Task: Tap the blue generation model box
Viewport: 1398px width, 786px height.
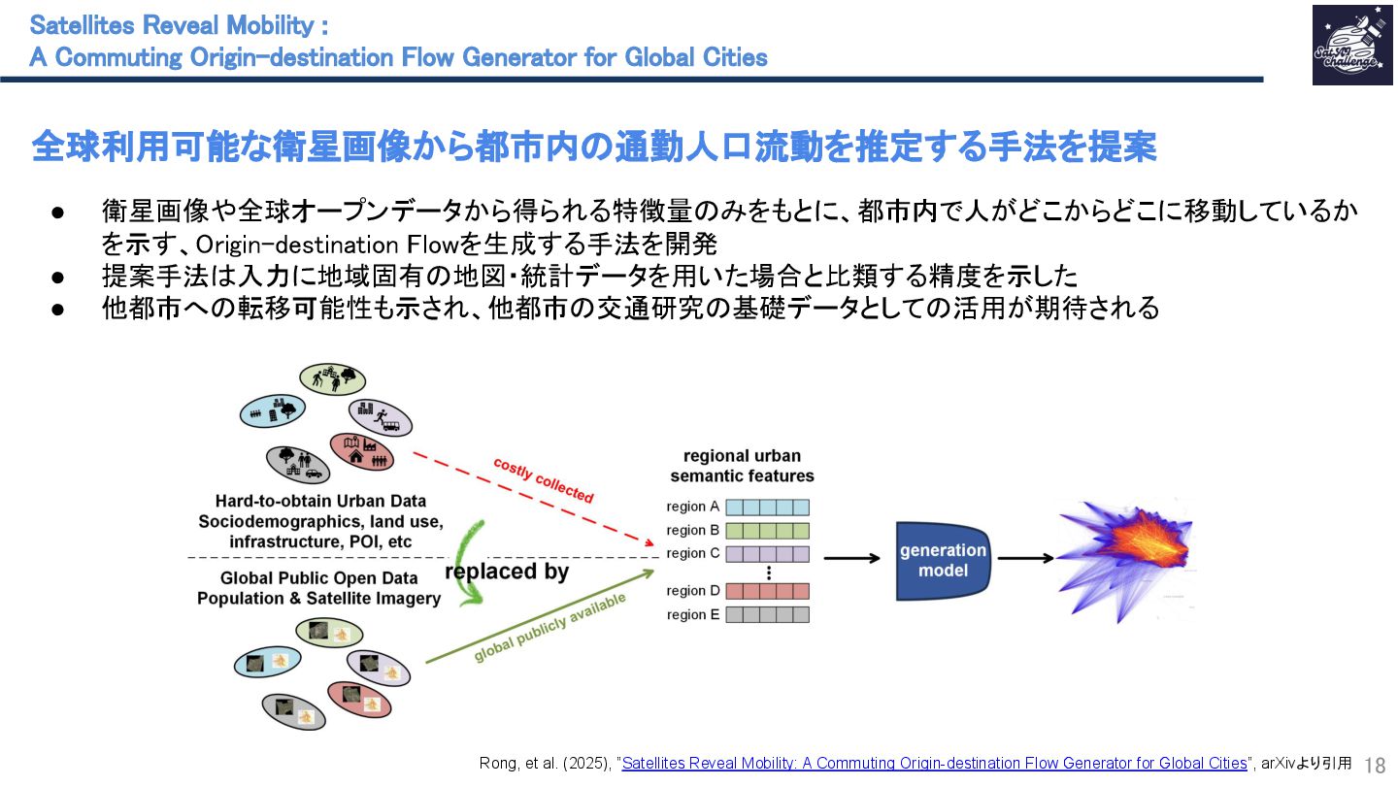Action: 942,561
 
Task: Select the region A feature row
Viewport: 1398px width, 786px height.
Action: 767,507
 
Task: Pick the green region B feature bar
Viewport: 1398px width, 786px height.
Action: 767,531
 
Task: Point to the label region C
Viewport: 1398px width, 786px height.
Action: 693,553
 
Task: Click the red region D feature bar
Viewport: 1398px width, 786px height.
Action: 767,590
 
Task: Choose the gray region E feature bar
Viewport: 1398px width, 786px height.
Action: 767,614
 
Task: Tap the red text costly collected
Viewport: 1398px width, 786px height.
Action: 543,479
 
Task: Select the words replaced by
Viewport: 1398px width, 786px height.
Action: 507,572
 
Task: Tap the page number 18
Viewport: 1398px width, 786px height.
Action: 1375,764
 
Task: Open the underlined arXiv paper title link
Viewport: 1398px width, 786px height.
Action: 934,764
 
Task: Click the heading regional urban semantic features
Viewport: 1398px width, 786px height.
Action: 742,466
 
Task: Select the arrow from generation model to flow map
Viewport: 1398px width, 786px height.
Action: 1025,558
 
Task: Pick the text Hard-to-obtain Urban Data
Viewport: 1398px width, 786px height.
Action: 320,502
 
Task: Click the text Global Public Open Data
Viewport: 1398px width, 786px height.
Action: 319,578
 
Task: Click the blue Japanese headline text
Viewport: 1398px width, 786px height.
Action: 594,147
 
